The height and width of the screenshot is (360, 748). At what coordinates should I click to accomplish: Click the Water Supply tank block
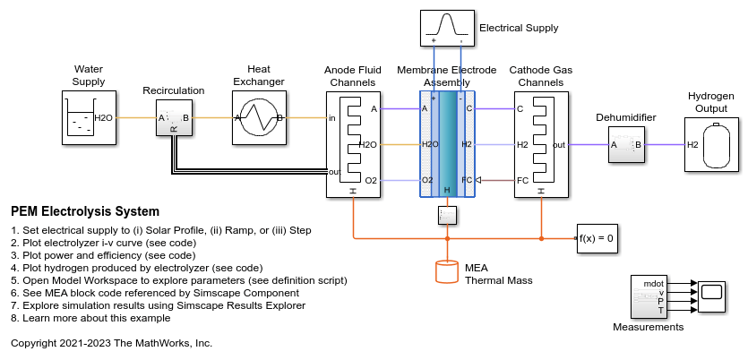click(x=89, y=117)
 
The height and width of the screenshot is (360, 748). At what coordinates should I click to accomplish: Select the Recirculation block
click(x=174, y=117)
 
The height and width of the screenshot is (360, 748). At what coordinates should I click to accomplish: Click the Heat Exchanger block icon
click(x=258, y=117)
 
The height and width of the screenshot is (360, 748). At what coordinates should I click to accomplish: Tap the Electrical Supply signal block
click(x=446, y=27)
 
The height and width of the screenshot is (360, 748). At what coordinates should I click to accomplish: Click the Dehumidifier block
click(x=627, y=143)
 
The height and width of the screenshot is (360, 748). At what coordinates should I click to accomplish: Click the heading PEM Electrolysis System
click(x=85, y=212)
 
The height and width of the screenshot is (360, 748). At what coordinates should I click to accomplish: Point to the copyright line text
click(x=111, y=342)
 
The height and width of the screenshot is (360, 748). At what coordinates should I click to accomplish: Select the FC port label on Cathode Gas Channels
click(x=522, y=180)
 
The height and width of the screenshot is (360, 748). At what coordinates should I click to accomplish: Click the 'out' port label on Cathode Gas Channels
click(x=558, y=144)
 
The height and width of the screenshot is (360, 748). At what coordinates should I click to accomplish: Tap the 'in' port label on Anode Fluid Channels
click(x=332, y=117)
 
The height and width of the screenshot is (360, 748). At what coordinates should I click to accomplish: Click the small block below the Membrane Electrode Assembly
click(x=447, y=215)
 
